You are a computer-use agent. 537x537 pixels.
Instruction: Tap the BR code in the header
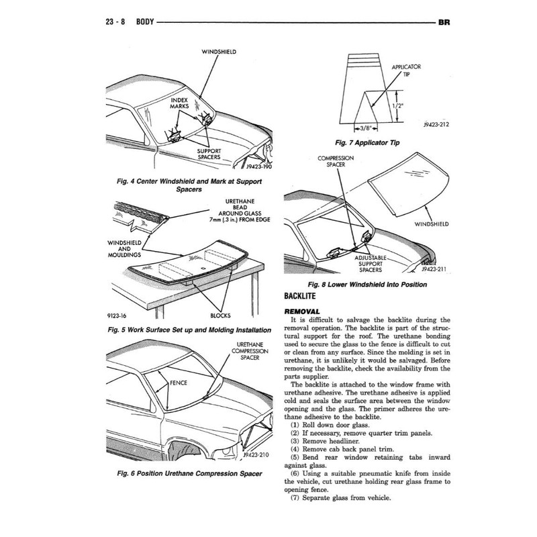point(443,22)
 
